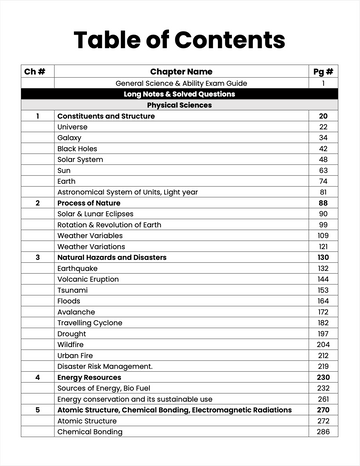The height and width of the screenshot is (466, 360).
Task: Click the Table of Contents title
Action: point(180,40)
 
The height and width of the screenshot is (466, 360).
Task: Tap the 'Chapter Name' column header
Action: point(181,71)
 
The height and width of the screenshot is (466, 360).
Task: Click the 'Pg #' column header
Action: point(323,71)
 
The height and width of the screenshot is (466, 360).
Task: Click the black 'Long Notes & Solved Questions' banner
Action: point(181,94)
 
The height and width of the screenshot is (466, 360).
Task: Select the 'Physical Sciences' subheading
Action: point(181,105)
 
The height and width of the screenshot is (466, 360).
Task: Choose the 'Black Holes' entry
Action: point(77,149)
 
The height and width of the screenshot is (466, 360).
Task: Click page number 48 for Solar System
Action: point(323,160)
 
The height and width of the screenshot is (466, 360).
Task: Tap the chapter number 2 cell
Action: point(37,203)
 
